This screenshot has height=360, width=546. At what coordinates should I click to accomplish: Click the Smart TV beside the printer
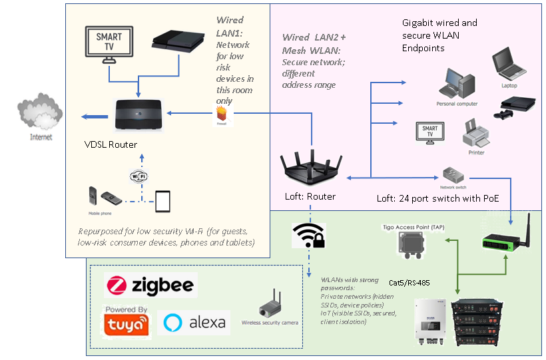point(430,131)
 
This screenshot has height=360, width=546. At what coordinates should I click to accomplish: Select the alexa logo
point(194,323)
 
